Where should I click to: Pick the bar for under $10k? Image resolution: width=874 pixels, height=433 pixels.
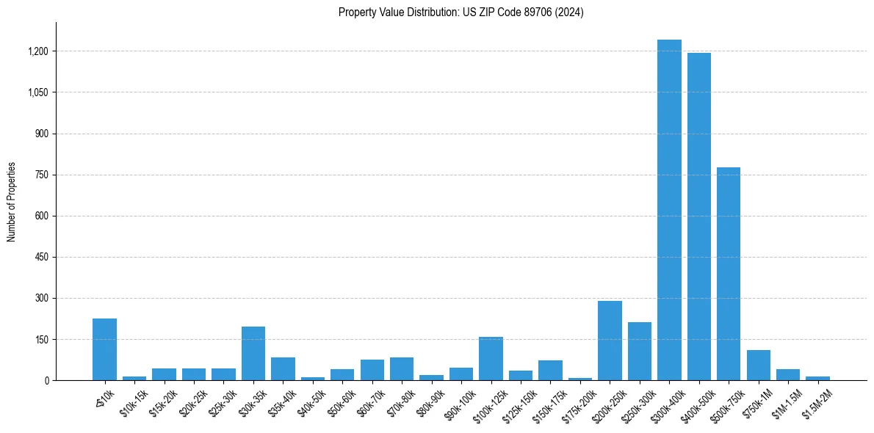(x=104, y=349)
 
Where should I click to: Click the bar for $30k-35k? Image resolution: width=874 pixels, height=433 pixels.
(x=253, y=354)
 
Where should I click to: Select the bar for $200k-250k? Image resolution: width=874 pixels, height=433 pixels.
(x=610, y=341)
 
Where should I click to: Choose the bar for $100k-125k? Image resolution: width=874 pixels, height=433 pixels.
(x=491, y=359)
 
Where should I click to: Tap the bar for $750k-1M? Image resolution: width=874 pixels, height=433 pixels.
(x=758, y=365)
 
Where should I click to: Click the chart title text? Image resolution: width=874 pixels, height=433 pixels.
(x=461, y=12)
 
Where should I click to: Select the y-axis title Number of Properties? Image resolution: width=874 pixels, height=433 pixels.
(x=12, y=202)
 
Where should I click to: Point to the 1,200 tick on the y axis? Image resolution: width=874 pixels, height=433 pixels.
(x=39, y=51)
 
